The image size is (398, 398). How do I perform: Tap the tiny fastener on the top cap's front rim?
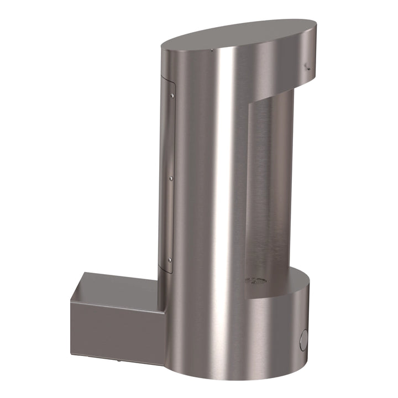click(x=212, y=51)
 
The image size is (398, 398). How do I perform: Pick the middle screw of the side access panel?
click(x=171, y=179)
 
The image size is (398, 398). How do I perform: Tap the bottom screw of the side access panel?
click(x=170, y=259)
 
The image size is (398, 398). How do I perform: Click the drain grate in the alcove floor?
click(x=256, y=281)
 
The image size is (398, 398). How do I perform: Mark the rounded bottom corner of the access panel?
click(x=172, y=271)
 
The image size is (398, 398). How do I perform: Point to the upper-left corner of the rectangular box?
click(x=85, y=273)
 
